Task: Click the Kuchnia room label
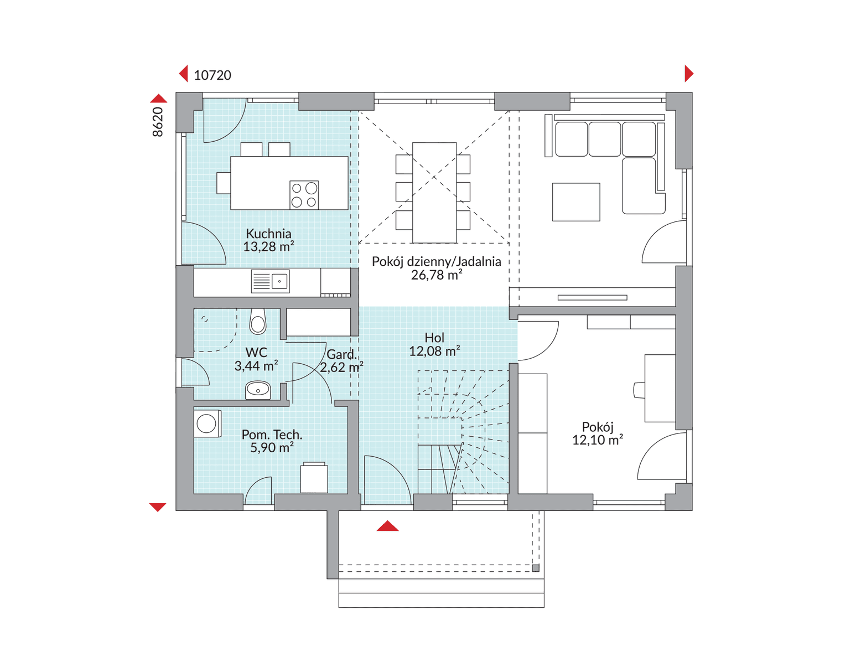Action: [x=268, y=234]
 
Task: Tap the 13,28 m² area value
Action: [x=268, y=247]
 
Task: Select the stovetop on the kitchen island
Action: [x=304, y=195]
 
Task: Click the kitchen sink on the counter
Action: [x=270, y=281]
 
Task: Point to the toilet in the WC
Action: [x=258, y=321]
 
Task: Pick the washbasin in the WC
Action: [x=258, y=390]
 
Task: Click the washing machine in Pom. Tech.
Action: [x=208, y=423]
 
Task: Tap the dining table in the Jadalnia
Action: [x=434, y=193]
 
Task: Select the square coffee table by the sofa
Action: [x=576, y=202]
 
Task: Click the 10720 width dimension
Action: [x=212, y=75]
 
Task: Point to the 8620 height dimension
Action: [x=158, y=122]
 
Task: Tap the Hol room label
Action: [x=434, y=338]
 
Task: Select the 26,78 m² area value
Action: [x=437, y=275]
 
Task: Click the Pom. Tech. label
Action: [x=272, y=435]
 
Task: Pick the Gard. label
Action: [x=341, y=355]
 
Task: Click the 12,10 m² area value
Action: [x=598, y=440]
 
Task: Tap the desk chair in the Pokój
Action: [x=639, y=390]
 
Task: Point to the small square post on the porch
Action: [x=536, y=568]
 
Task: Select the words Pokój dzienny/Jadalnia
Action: [x=437, y=262]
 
